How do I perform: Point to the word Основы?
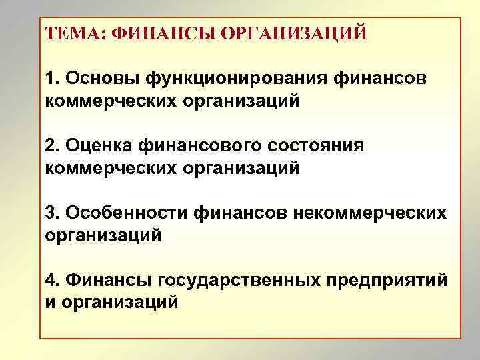pos(99,78)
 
